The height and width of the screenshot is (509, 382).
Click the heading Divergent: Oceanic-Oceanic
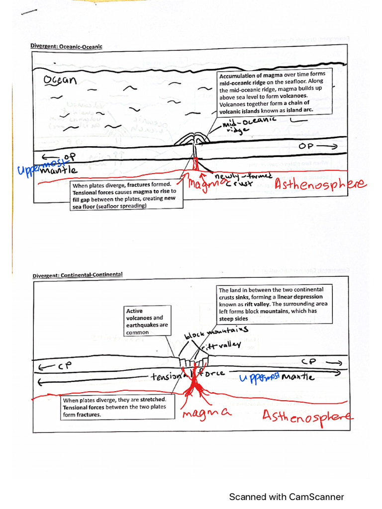(x=67, y=47)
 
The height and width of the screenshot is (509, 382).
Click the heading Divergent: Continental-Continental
(x=77, y=275)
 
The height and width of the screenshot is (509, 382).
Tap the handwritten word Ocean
(x=60, y=81)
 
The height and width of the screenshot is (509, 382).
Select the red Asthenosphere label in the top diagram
(x=320, y=185)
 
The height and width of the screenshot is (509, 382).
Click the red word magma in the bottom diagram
(x=206, y=413)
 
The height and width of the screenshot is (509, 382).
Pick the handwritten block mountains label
(x=216, y=333)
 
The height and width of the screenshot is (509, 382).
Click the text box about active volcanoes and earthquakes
(x=147, y=321)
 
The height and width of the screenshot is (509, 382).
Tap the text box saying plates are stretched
(x=114, y=407)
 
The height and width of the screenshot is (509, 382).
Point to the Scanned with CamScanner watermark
(x=286, y=497)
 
